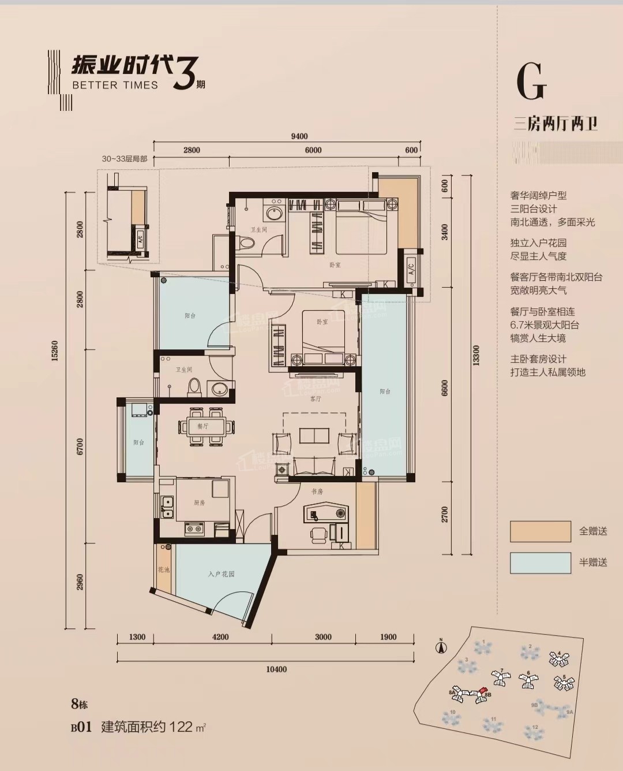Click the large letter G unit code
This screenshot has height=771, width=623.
[531, 82]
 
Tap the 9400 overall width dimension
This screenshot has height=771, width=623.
[299, 136]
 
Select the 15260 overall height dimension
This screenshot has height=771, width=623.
[55, 351]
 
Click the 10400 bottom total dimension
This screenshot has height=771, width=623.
[276, 669]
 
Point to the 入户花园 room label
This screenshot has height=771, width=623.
[222, 574]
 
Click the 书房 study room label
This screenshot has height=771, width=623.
[317, 491]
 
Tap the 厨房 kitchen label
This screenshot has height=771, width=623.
[199, 503]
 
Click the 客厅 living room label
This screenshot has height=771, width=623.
[316, 399]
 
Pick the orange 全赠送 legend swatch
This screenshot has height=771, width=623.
[539, 531]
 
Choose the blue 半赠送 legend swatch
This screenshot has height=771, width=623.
[539, 563]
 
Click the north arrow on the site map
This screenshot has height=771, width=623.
[440, 647]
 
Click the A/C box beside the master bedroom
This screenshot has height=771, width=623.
[411, 269]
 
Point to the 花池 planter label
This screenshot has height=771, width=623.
[163, 570]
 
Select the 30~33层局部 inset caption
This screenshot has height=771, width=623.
[125, 159]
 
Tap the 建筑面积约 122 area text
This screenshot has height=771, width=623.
[153, 727]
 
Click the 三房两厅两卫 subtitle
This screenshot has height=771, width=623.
[556, 124]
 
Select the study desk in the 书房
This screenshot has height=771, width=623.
[326, 513]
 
